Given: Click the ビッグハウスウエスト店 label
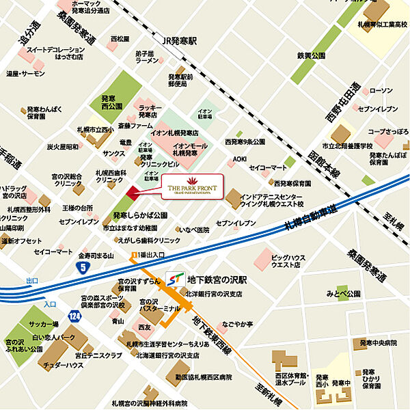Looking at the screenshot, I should (290, 263).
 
